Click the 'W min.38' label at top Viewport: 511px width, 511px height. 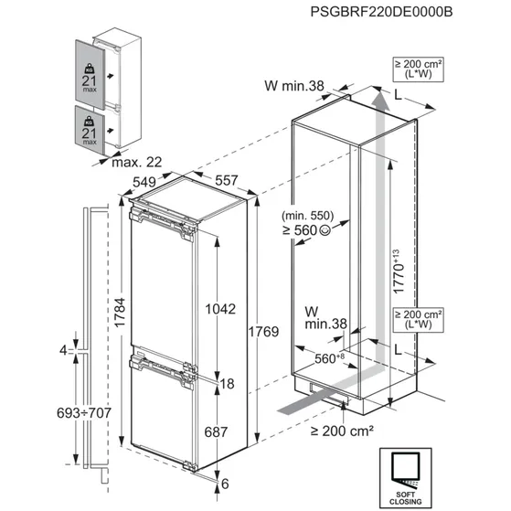(293, 87)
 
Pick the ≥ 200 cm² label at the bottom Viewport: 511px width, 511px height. (344, 431)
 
